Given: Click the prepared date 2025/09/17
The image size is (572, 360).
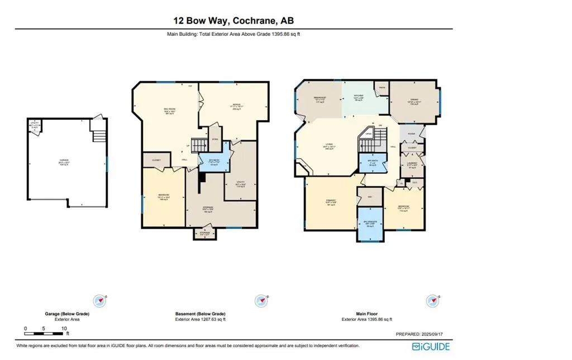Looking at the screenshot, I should [435, 334].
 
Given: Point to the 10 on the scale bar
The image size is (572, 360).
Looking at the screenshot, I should [64, 328].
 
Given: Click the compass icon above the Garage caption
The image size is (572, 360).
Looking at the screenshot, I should [100, 300].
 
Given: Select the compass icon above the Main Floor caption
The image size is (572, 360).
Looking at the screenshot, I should [430, 300].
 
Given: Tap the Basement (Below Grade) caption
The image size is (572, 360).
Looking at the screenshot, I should [201, 314].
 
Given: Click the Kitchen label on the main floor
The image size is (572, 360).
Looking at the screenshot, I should [359, 96].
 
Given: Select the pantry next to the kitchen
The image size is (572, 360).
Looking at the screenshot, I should [382, 88].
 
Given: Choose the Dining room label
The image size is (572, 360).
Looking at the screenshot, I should [414, 101].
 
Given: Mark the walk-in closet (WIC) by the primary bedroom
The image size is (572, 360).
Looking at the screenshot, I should [369, 197].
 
